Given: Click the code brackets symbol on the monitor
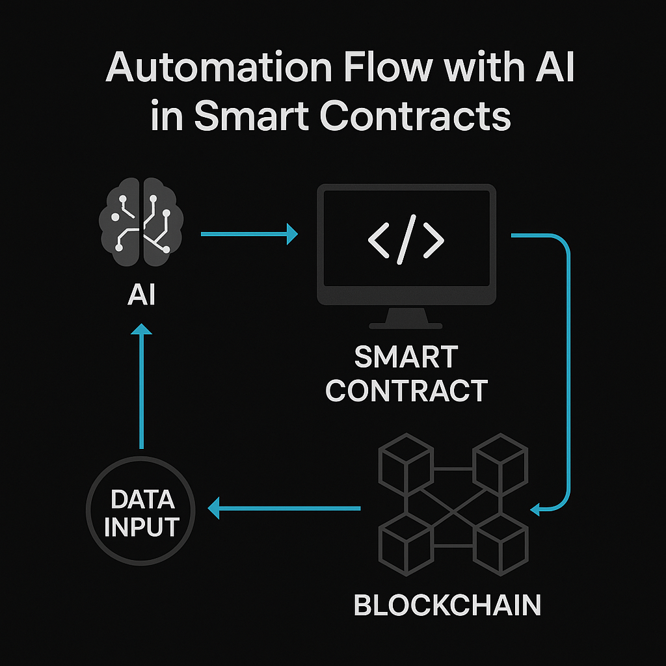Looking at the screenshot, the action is click(x=406, y=240).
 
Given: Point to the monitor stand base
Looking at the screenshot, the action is click(x=406, y=323).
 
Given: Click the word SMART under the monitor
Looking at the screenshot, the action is click(x=406, y=357).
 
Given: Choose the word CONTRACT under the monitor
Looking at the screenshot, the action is click(x=406, y=390).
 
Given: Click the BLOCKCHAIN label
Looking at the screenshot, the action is click(x=447, y=605).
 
